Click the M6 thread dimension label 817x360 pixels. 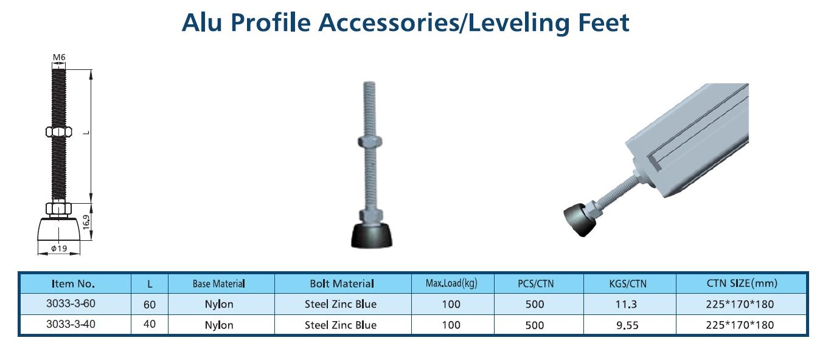(x=59, y=57)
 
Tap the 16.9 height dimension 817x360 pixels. (x=86, y=222)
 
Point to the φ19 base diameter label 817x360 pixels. (x=59, y=248)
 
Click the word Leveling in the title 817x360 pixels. (x=518, y=23)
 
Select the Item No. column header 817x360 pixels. (x=73, y=284)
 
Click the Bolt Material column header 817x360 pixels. (x=342, y=283)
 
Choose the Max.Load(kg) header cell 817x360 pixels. (x=451, y=283)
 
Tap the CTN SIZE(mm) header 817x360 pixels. (x=742, y=283)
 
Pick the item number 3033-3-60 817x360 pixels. (x=71, y=303)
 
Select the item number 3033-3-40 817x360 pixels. (x=71, y=324)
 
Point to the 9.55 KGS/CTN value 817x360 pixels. (x=627, y=325)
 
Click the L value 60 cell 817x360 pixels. (x=150, y=305)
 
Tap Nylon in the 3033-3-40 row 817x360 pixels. (x=219, y=325)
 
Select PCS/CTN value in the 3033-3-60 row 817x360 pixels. (x=535, y=304)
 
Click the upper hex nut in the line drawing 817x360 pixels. (x=59, y=132)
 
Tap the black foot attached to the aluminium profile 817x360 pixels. (x=579, y=220)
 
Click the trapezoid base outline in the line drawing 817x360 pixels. (x=59, y=229)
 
